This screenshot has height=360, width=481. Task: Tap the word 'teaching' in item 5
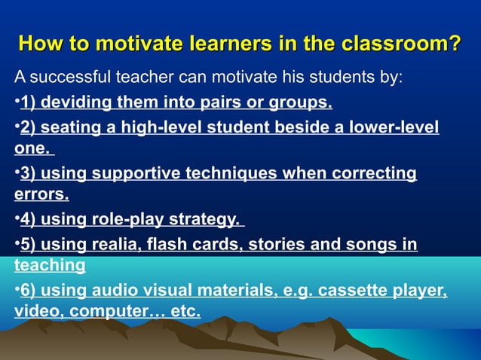50,265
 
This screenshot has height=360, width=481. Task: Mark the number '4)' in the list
28,220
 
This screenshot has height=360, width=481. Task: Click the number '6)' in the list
28,291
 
